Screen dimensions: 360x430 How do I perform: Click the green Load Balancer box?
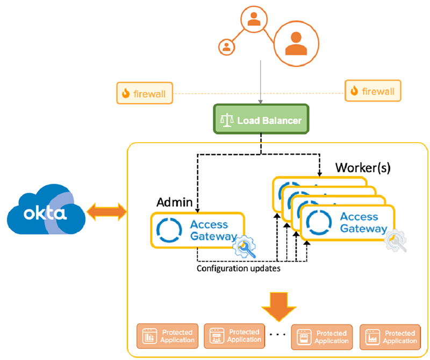[x=261, y=119]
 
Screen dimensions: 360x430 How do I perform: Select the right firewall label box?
[x=372, y=91]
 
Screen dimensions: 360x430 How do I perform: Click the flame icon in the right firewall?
[x=355, y=91]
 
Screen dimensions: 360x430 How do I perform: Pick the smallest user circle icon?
[x=226, y=46]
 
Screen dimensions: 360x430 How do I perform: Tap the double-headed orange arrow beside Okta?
[x=107, y=213]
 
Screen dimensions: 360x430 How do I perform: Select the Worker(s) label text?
[x=362, y=167]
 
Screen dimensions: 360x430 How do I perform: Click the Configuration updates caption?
[x=238, y=268]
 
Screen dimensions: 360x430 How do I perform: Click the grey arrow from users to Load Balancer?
[x=261, y=81]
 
